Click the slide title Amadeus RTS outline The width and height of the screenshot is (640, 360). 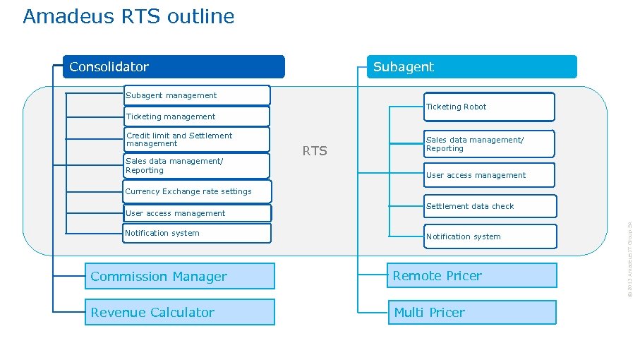(x=128, y=16)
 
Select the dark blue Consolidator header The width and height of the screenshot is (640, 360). (x=174, y=67)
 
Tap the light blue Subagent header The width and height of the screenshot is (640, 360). (x=471, y=67)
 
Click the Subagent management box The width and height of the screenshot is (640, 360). (x=196, y=95)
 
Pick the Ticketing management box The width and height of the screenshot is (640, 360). (x=196, y=116)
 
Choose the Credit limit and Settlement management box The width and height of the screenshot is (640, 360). (x=196, y=140)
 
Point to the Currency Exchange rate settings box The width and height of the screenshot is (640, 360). (x=188, y=191)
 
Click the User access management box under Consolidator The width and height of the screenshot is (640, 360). (x=196, y=213)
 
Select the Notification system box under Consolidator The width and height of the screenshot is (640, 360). (x=196, y=233)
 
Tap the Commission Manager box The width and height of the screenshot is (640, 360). (x=179, y=277)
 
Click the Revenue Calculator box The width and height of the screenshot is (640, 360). (x=179, y=313)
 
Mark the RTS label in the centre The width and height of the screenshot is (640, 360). (x=315, y=151)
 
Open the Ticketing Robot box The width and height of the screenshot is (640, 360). (x=489, y=107)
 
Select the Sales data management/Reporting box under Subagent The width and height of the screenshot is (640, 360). (x=489, y=144)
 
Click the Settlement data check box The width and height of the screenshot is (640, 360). (x=489, y=206)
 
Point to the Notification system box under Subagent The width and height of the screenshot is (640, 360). (x=489, y=236)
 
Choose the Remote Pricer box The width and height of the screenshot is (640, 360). (x=471, y=276)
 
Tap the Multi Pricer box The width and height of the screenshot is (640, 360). (x=471, y=312)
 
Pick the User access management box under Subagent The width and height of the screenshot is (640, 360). (x=489, y=175)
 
